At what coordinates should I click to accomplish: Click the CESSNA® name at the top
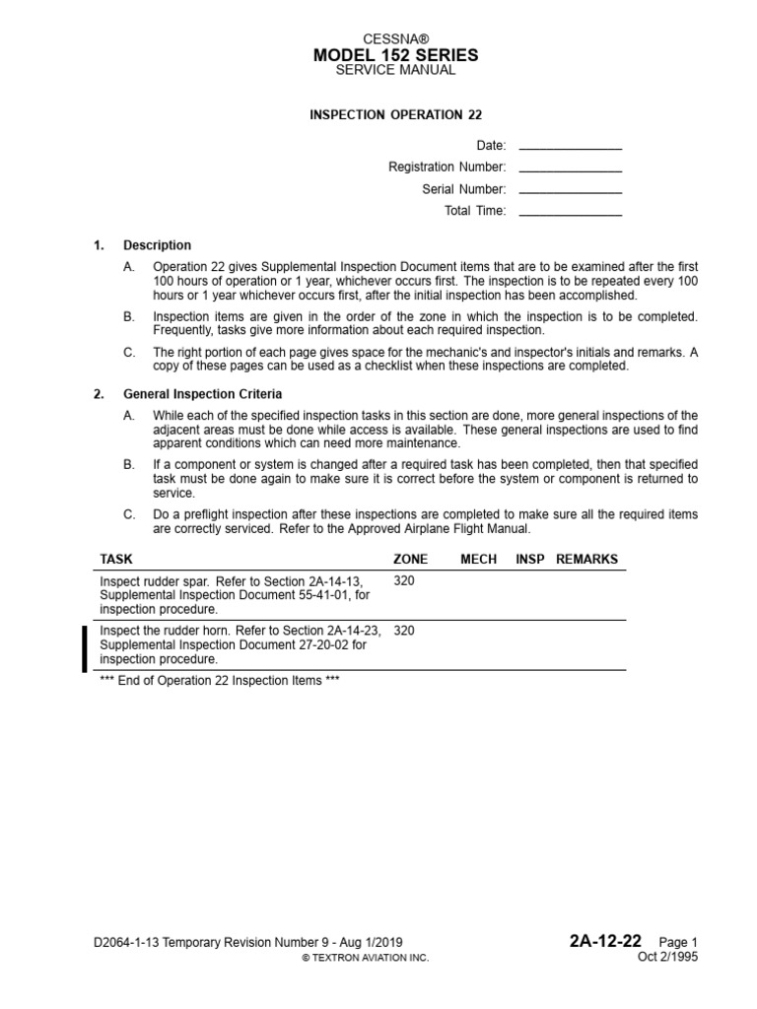(396, 37)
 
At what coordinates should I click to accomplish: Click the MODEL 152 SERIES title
(396, 54)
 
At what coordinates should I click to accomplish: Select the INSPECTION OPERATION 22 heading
(396, 114)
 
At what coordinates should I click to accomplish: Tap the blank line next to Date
(570, 147)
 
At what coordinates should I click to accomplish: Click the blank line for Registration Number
(570, 168)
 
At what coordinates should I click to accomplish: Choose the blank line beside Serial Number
(570, 190)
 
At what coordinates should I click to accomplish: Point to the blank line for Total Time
(570, 212)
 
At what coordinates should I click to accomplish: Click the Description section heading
(157, 245)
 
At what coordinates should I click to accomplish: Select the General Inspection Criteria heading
(202, 395)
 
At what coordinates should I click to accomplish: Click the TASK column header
(116, 559)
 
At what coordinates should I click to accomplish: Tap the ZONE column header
(410, 559)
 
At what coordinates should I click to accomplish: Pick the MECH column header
(478, 559)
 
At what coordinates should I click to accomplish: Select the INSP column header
(530, 559)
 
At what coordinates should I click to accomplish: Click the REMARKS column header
(586, 559)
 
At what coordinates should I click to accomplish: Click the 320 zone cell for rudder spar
(404, 581)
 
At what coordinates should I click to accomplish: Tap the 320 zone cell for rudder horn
(404, 631)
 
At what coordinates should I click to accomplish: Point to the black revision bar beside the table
(86, 648)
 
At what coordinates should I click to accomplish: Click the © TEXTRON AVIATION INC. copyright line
(365, 958)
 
